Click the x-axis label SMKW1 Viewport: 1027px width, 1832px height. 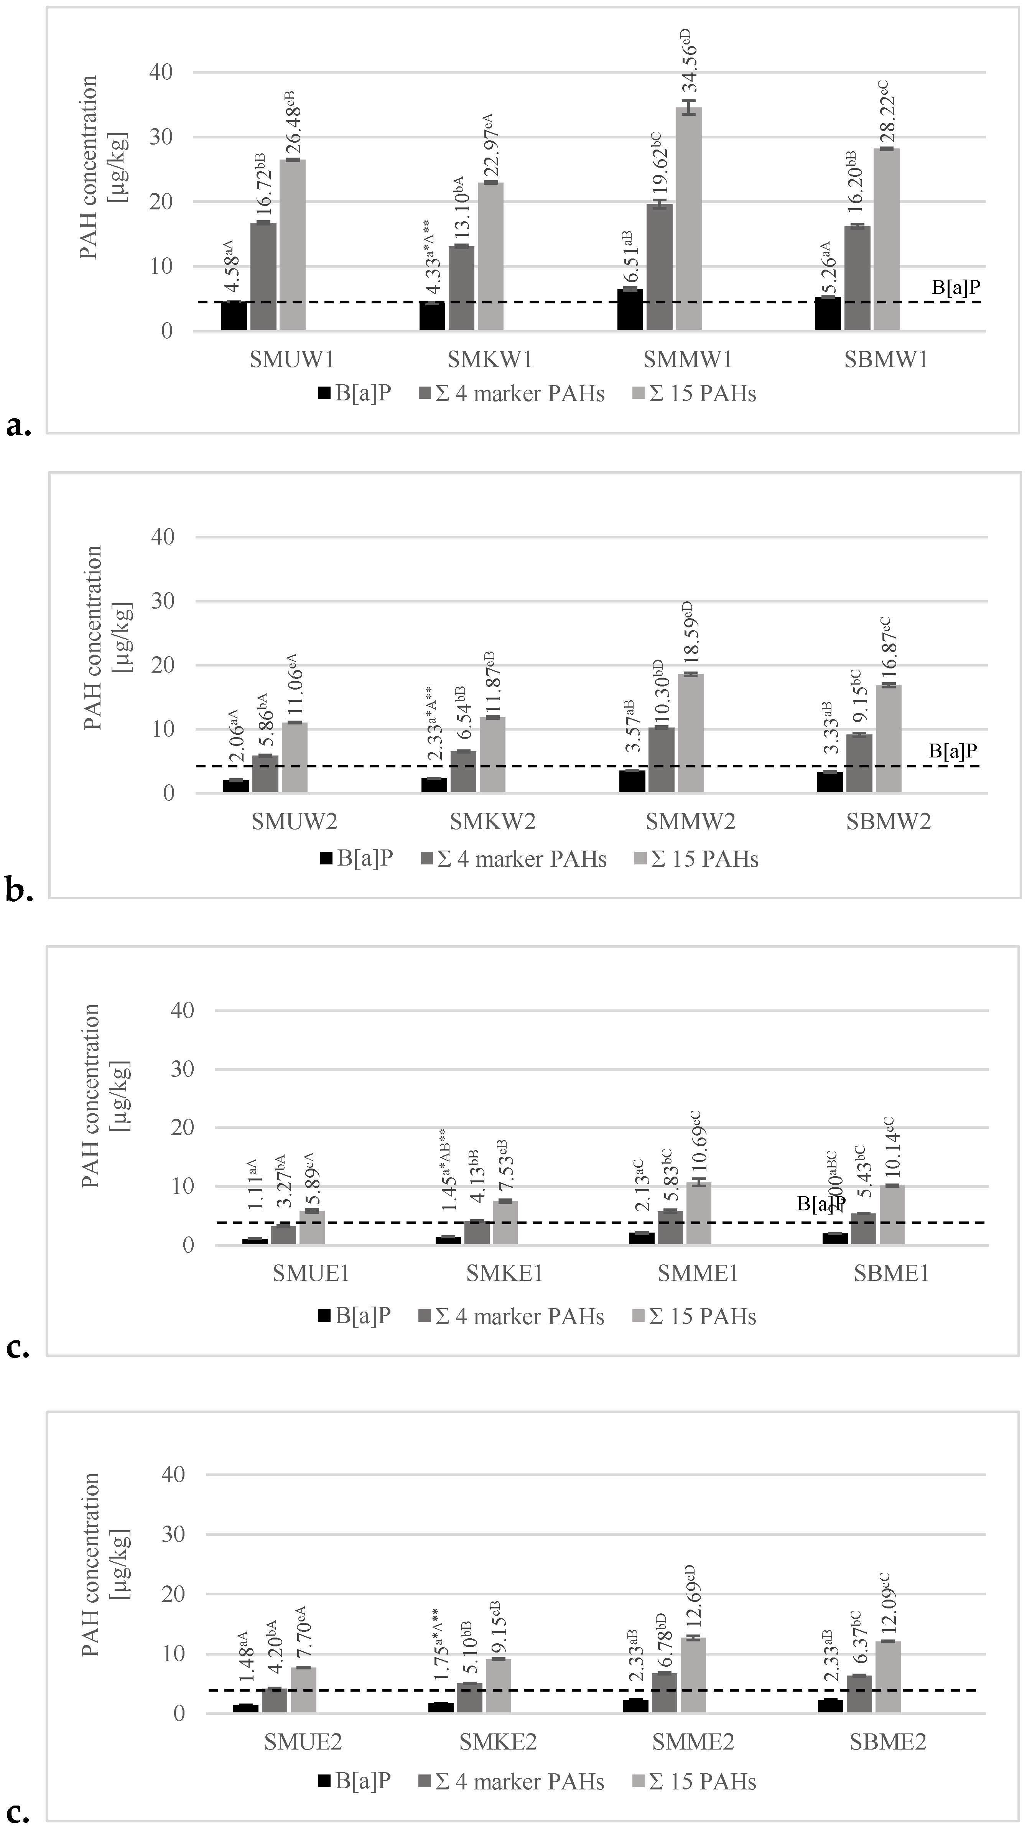click(x=490, y=360)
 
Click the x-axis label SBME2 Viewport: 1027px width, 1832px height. click(x=888, y=1742)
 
